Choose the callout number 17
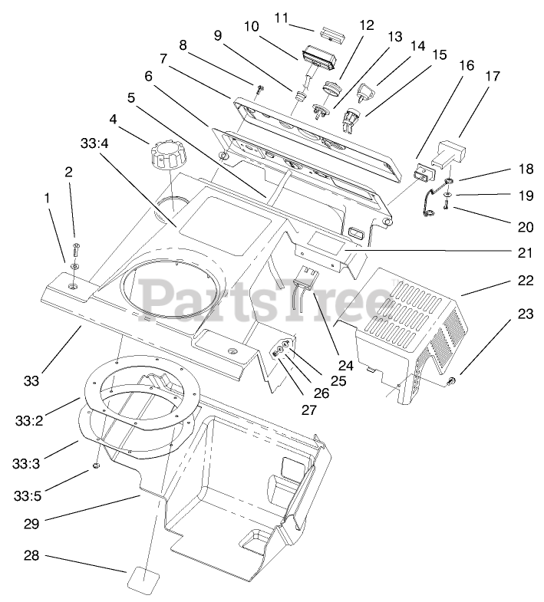pos(492,77)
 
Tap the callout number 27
pos(308,410)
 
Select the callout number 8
pos(183,45)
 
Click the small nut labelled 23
pos(453,381)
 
